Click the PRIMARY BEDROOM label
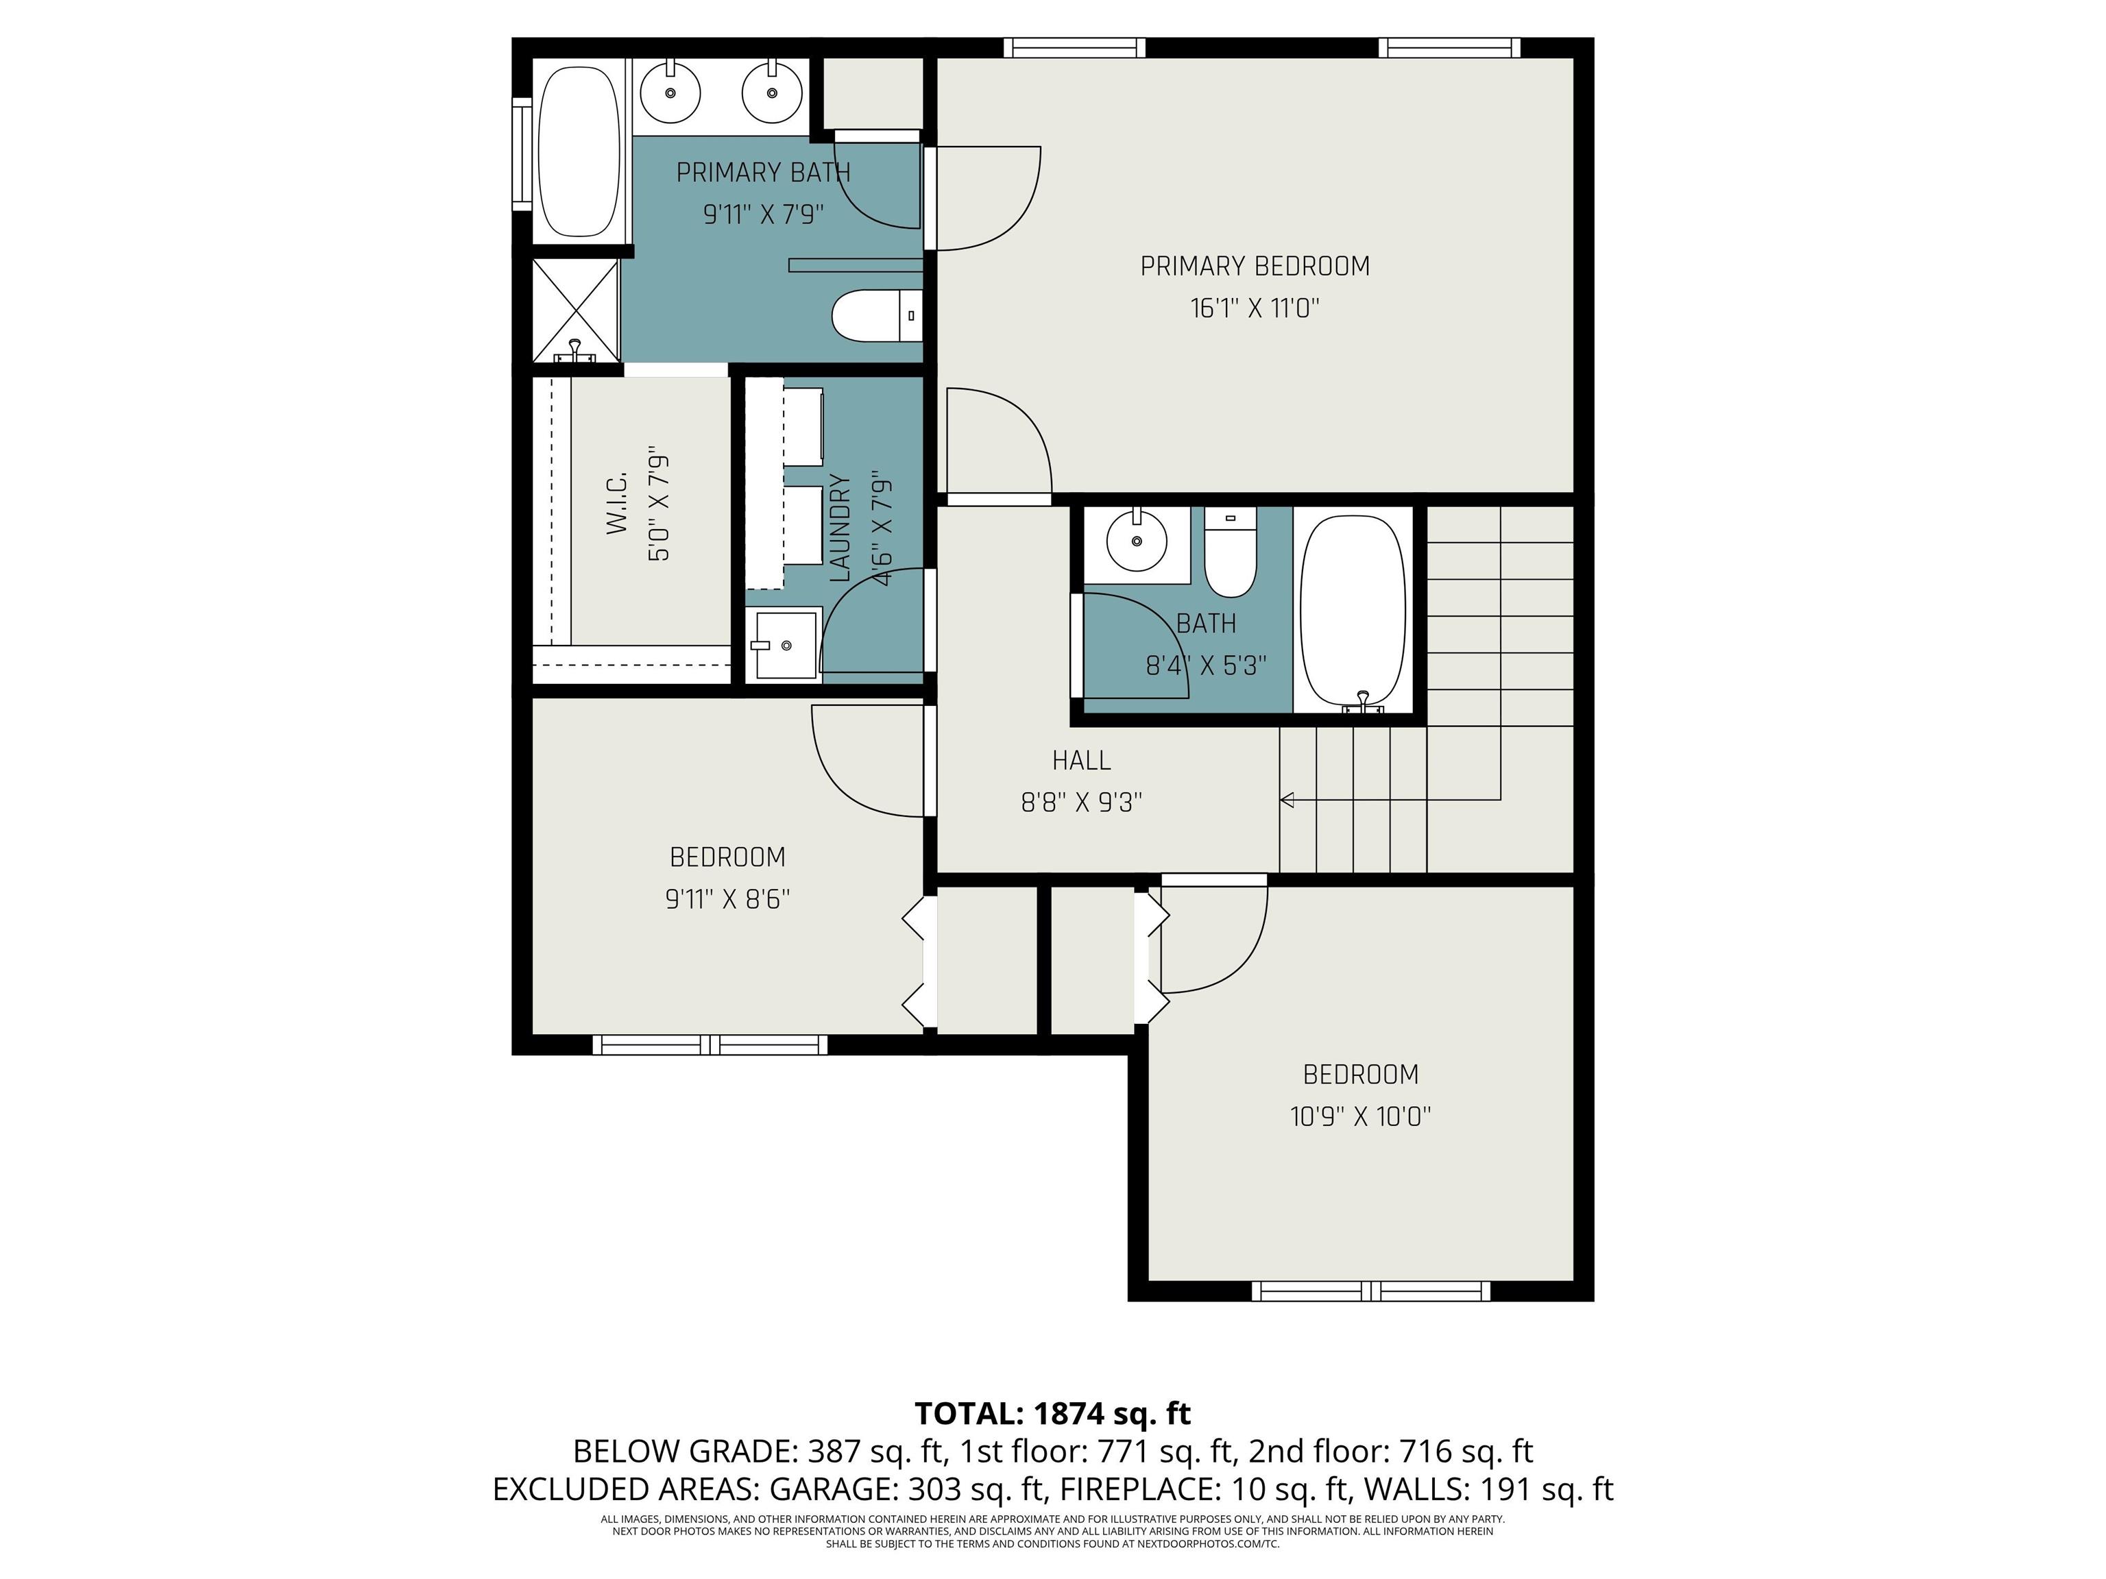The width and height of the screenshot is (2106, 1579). pyautogui.click(x=1255, y=267)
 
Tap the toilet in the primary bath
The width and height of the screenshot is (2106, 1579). pyautogui.click(x=877, y=316)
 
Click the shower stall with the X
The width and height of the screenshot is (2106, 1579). pyautogui.click(x=575, y=310)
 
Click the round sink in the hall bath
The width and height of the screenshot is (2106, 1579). pyautogui.click(x=1137, y=541)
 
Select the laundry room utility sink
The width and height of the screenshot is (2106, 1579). pyautogui.click(x=786, y=644)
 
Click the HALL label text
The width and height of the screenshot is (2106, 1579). pyautogui.click(x=1082, y=761)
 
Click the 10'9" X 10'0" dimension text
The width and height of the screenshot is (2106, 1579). pyautogui.click(x=1361, y=1116)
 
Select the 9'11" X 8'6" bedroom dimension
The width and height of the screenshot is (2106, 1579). pyautogui.click(x=727, y=899)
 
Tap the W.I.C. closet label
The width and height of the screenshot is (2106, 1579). pyautogui.click(x=617, y=502)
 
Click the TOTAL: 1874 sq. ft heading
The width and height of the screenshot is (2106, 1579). pyautogui.click(x=1053, y=1413)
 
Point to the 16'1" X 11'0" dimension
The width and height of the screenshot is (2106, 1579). pyautogui.click(x=1255, y=308)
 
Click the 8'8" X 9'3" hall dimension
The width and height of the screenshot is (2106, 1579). pyautogui.click(x=1082, y=803)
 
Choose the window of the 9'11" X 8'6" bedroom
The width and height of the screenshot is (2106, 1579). pyautogui.click(x=710, y=1045)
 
